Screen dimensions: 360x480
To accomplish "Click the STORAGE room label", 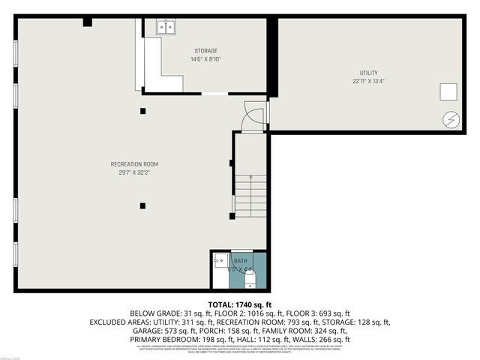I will click(205, 51).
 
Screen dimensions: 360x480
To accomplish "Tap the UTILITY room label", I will click(368, 73).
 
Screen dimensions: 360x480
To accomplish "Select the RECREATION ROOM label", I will click(134, 163).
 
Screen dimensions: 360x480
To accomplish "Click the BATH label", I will click(240, 260).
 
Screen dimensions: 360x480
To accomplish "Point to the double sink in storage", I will click(165, 27).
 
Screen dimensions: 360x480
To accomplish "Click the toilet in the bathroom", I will click(250, 280).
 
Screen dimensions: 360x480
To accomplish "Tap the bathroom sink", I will click(218, 260).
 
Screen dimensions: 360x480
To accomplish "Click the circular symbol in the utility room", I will click(451, 118).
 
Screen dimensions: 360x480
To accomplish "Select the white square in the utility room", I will click(448, 91).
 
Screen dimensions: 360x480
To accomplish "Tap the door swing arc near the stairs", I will click(254, 116).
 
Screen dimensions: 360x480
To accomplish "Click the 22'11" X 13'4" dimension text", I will click(368, 81).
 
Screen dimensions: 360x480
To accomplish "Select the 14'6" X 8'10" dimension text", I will click(205, 59).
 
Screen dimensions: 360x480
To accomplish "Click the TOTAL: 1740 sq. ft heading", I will click(239, 304).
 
